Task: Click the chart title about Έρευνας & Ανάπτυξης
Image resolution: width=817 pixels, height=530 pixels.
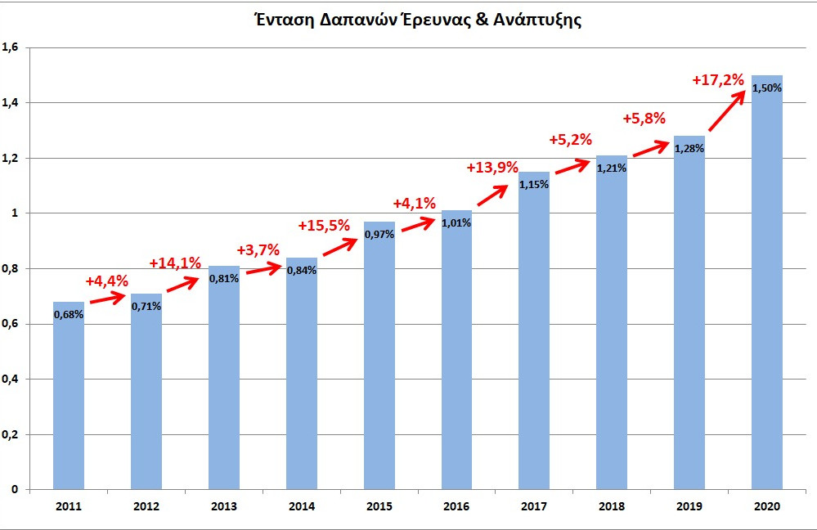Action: click(417, 21)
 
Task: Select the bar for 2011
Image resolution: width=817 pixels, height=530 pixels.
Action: click(69, 401)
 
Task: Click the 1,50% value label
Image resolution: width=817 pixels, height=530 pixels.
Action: click(767, 88)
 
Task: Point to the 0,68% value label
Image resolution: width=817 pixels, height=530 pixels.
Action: click(69, 314)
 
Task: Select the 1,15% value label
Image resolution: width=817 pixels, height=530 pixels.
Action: click(534, 184)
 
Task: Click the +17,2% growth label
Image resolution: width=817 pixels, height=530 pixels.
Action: click(718, 80)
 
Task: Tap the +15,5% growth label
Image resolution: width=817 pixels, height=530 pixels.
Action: click(324, 225)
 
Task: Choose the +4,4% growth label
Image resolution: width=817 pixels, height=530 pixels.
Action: click(107, 281)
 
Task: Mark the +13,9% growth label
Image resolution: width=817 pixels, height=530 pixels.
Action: click(493, 168)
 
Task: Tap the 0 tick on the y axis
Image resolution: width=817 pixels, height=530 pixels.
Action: click(15, 489)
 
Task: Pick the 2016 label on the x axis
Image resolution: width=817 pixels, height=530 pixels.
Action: click(456, 507)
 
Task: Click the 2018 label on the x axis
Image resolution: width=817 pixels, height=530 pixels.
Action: click(612, 507)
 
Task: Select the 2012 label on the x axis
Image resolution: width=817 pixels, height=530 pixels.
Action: click(146, 507)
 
